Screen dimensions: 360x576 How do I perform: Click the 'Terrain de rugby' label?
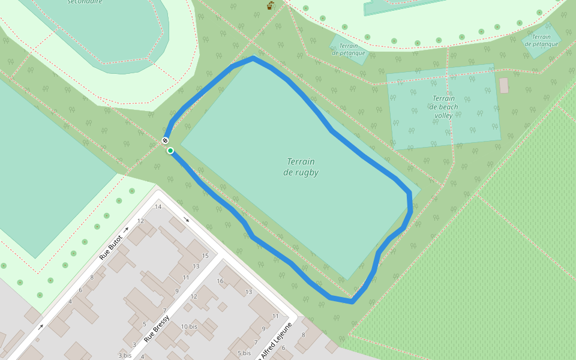(x=301, y=167)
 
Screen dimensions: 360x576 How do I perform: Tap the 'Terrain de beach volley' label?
(x=443, y=107)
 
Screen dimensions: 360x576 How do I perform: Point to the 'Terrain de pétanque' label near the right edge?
(x=541, y=40)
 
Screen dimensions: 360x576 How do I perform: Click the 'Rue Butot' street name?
(x=111, y=247)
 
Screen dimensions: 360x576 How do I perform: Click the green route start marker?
(x=170, y=151)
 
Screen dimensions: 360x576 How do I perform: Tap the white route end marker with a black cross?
(x=165, y=141)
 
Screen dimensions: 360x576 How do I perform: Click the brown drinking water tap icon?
(x=271, y=5)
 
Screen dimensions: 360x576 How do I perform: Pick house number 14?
(x=158, y=207)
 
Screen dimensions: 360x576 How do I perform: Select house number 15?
(x=205, y=256)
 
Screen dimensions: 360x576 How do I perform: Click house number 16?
(x=220, y=281)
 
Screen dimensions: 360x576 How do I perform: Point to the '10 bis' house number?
(x=189, y=326)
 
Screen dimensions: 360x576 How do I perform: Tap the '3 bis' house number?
(x=125, y=355)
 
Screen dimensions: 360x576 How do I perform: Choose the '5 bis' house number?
(x=244, y=353)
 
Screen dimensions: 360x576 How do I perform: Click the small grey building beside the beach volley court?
(x=504, y=85)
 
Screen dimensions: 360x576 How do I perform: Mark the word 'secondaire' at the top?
(x=84, y=2)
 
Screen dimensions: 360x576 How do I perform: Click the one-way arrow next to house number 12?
(x=127, y=230)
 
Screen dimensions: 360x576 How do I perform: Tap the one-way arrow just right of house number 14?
(x=187, y=220)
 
